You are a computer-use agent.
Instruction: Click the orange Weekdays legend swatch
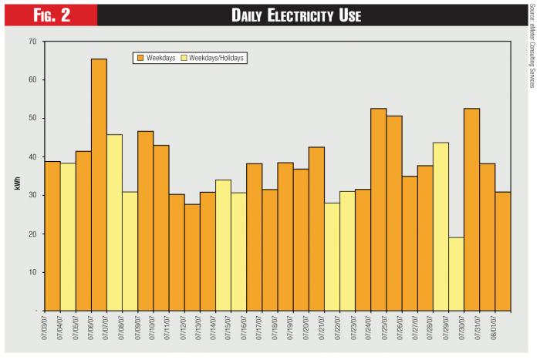coord(141,57)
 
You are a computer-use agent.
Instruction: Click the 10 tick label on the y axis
coord(32,272)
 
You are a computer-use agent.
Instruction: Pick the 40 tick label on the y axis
coord(32,156)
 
